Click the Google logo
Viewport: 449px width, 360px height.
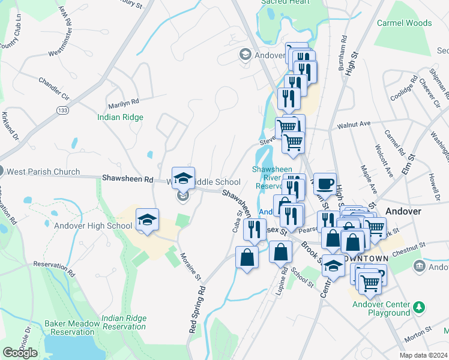(x=20, y=353)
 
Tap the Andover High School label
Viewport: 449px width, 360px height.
(x=93, y=226)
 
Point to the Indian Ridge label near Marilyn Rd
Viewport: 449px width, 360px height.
(x=120, y=118)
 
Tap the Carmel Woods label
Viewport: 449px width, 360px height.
(x=404, y=23)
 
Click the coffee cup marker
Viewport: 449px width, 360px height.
(x=325, y=184)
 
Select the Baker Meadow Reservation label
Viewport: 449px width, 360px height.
(x=72, y=328)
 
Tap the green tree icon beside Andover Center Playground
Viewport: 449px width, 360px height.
(x=420, y=308)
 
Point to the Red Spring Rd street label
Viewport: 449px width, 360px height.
(x=197, y=309)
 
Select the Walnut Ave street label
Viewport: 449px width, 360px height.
(x=354, y=125)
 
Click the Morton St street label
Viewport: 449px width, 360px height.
(x=417, y=337)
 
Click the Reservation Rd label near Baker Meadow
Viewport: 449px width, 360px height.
(x=55, y=268)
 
